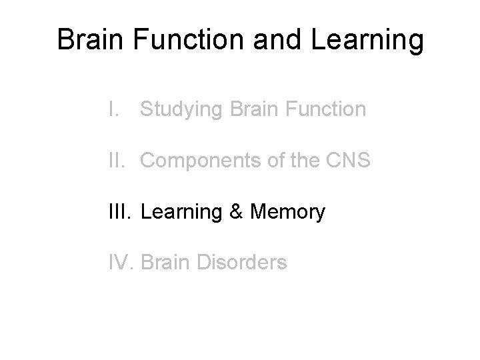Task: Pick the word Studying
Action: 181,109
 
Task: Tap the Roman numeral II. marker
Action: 119,160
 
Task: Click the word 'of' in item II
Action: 275,160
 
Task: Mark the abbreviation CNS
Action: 347,160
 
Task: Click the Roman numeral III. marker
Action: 122,212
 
